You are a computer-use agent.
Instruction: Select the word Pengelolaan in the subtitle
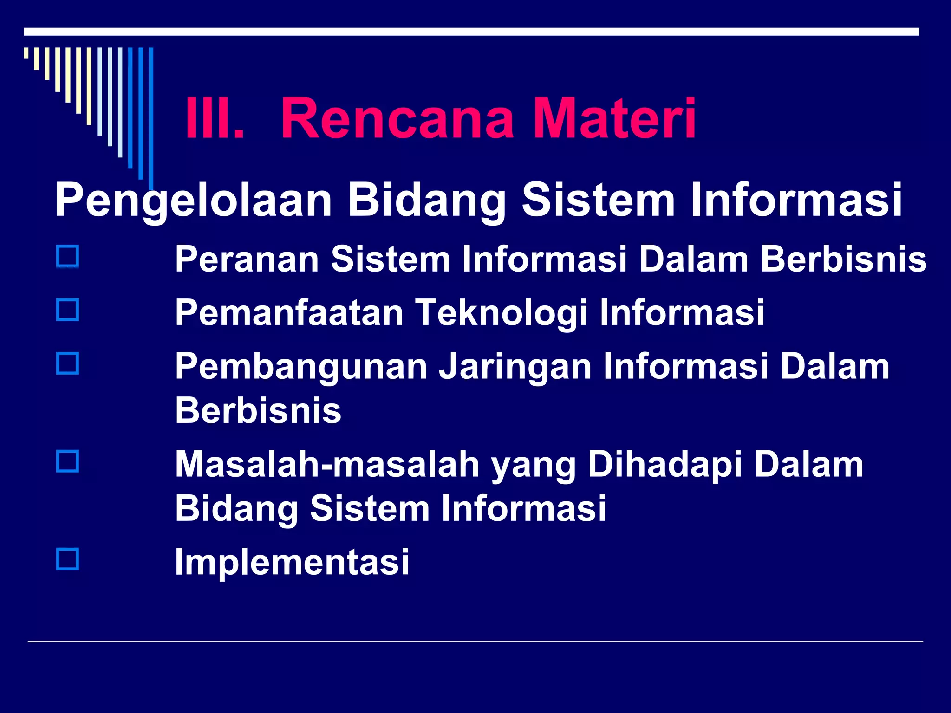point(193,201)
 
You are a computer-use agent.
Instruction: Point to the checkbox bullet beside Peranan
point(67,257)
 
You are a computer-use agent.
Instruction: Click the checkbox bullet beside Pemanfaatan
point(67,310)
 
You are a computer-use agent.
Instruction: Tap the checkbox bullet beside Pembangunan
point(67,363)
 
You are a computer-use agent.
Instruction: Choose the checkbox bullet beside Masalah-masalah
point(67,461)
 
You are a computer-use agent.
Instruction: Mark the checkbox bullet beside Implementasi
point(67,559)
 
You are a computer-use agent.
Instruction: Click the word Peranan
point(247,259)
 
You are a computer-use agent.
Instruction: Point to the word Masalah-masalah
point(327,465)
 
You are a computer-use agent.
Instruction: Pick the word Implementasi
point(292,562)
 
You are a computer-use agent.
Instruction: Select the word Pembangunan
point(301,367)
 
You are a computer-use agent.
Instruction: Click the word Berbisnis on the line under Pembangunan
point(258,411)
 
